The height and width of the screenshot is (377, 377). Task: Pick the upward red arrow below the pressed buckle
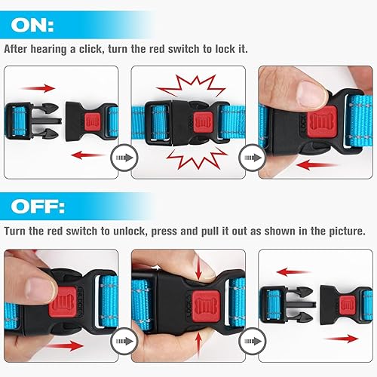198,339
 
